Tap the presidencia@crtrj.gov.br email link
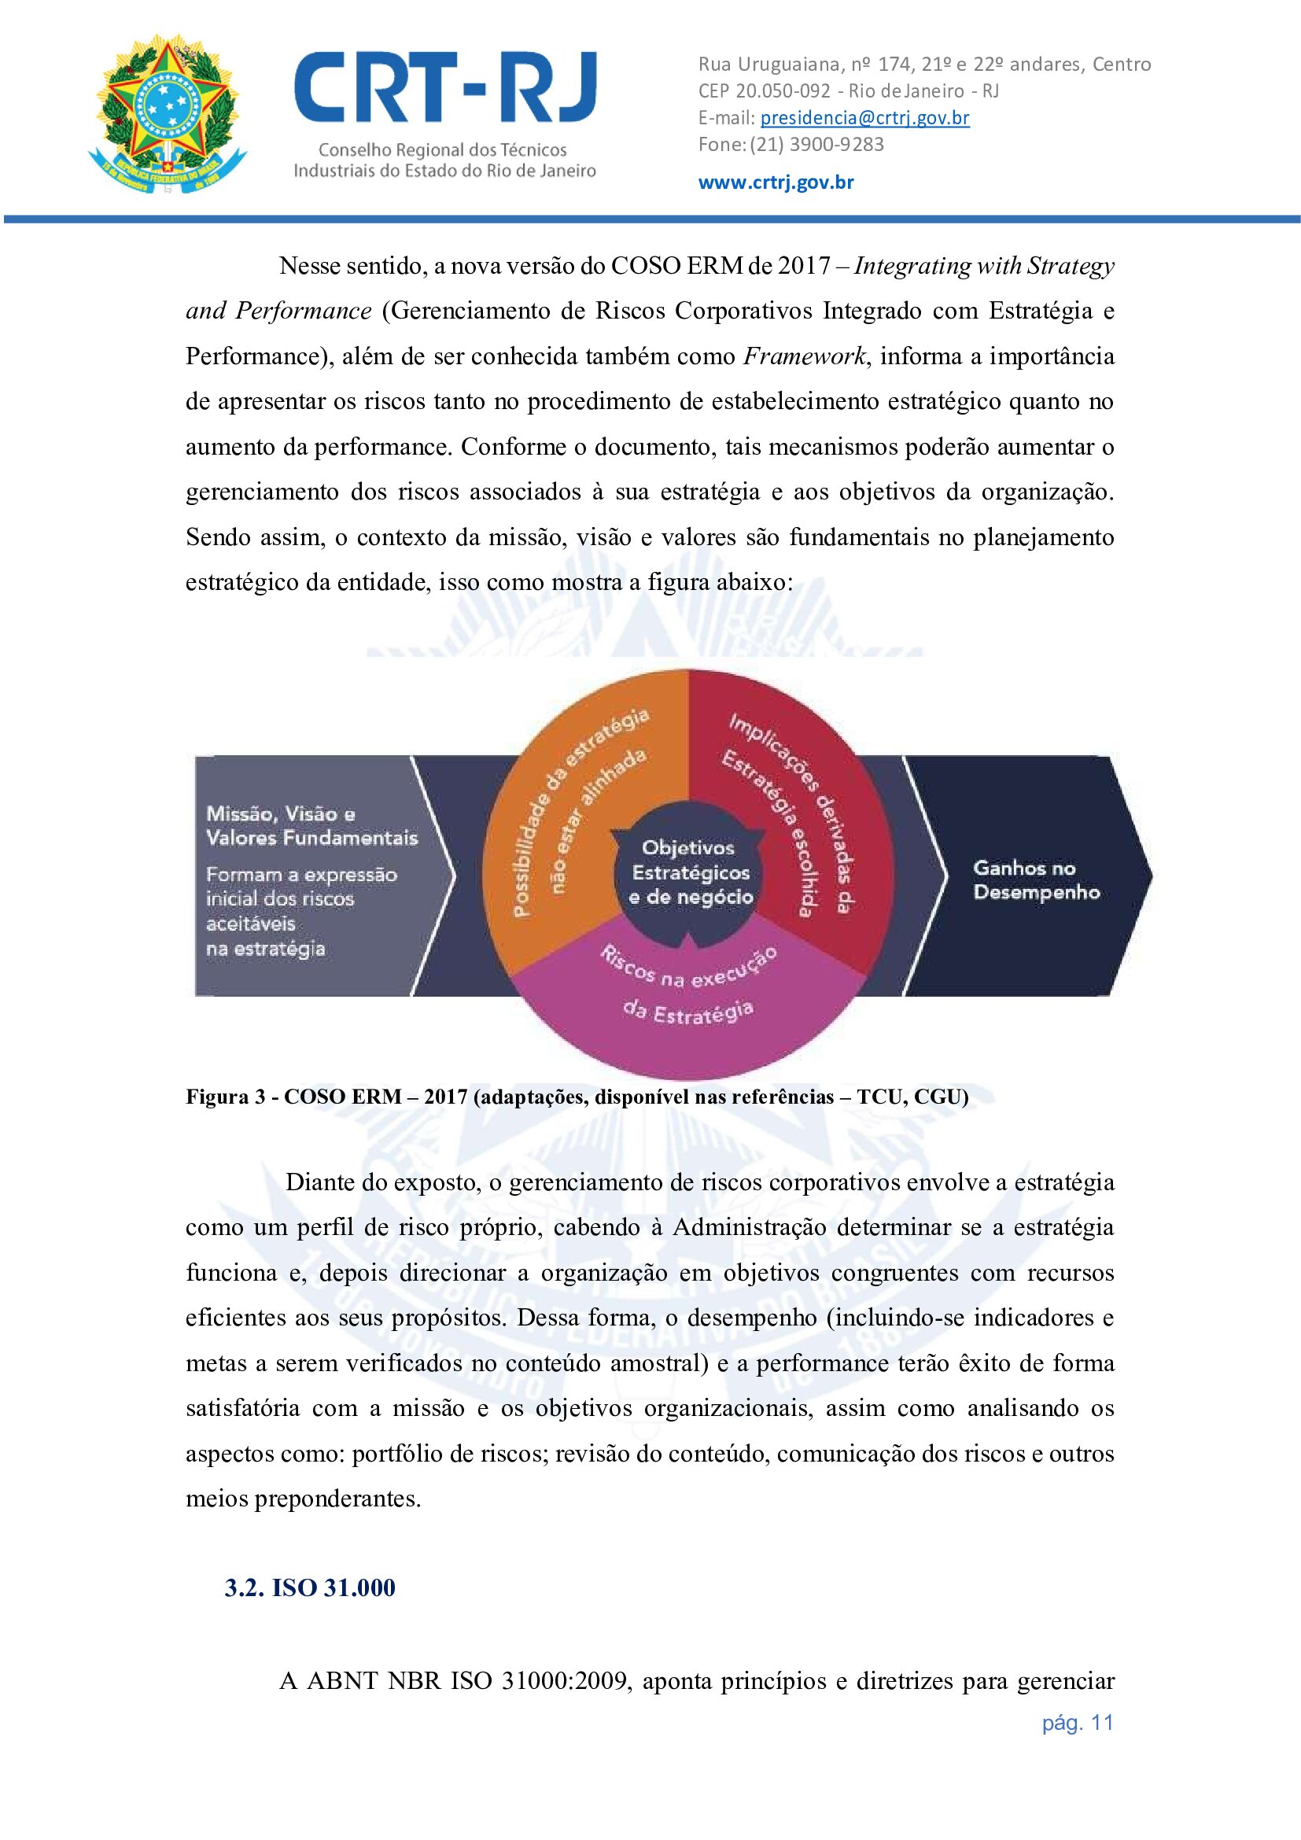coord(864,118)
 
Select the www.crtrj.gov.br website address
coord(776,182)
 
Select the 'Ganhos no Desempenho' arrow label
coord(1036,879)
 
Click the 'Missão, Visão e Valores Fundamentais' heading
coord(311,825)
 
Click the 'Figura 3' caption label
coord(225,1097)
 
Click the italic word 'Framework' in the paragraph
coord(805,356)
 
